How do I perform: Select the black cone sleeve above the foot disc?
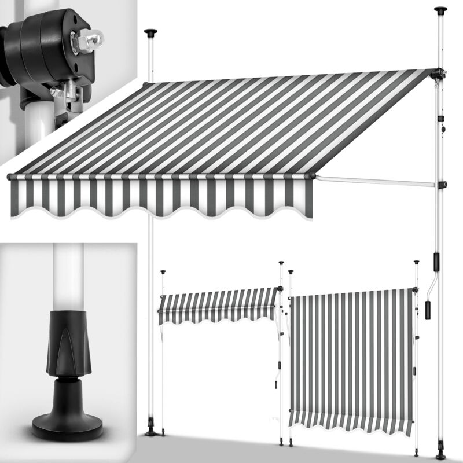(68, 341)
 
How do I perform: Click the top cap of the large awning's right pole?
(442, 10)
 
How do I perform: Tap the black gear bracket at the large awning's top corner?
(439, 75)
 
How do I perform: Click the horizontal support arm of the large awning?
(376, 181)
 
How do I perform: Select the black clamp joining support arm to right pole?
(443, 185)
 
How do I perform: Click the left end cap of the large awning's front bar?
(10, 175)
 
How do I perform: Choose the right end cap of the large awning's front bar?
(313, 175)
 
